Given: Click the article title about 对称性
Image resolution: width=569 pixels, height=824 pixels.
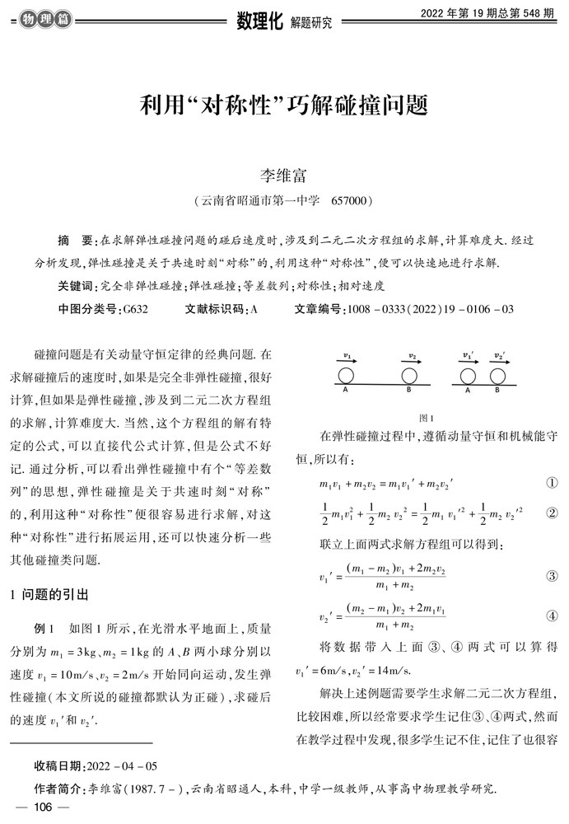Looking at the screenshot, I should tap(284, 106).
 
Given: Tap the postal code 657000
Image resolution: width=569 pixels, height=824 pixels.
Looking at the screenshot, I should tap(352, 200).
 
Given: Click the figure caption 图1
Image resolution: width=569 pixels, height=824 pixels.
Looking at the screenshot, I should tap(426, 417).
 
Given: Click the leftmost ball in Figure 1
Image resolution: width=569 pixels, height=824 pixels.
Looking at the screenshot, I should tap(346, 376).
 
